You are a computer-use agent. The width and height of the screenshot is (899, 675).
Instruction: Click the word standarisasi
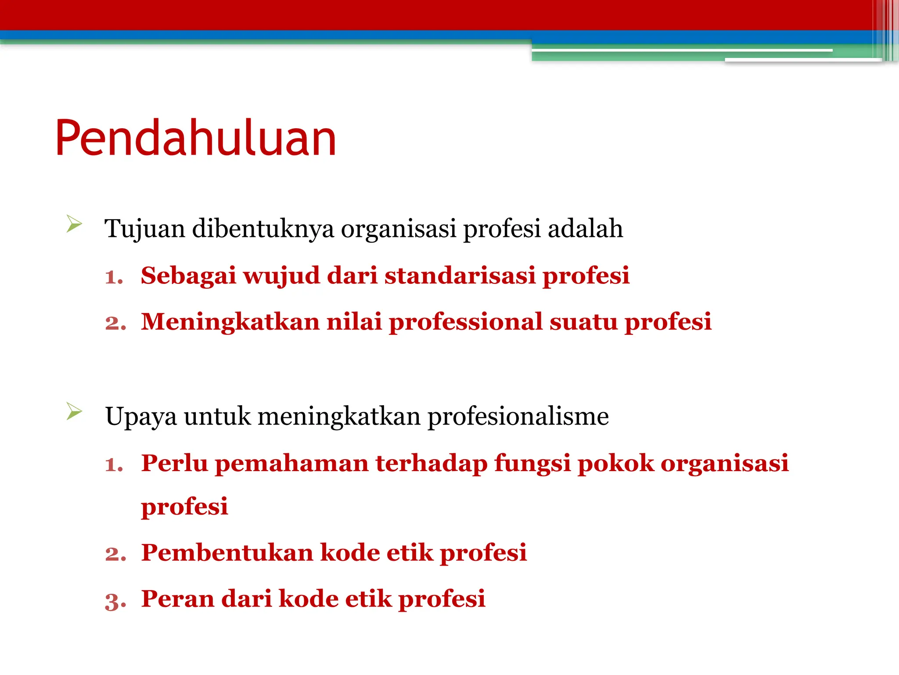(460, 276)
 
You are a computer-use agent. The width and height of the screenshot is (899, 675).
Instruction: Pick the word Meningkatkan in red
(230, 322)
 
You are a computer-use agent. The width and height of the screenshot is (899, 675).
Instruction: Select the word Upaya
(141, 417)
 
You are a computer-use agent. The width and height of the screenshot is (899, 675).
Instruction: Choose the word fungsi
(532, 464)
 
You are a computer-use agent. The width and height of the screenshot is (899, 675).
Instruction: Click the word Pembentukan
(227, 552)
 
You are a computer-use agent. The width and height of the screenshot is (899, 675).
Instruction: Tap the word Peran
(178, 599)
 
